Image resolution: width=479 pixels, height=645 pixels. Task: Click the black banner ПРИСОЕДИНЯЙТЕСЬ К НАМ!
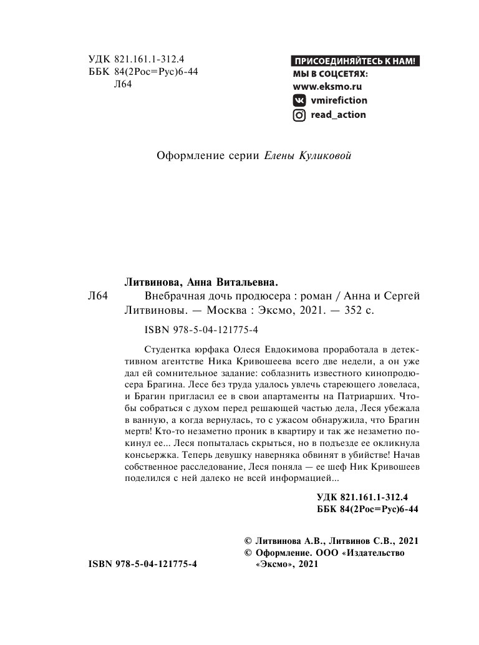point(356,61)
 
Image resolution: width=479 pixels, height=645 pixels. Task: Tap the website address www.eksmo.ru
point(327,87)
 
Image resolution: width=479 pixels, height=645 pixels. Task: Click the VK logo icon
point(299,100)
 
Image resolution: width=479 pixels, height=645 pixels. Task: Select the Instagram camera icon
point(299,115)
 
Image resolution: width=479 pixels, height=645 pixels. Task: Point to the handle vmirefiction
point(339,100)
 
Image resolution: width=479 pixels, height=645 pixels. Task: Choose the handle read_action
point(338,115)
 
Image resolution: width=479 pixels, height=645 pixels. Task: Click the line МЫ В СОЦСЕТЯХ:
point(331,74)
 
